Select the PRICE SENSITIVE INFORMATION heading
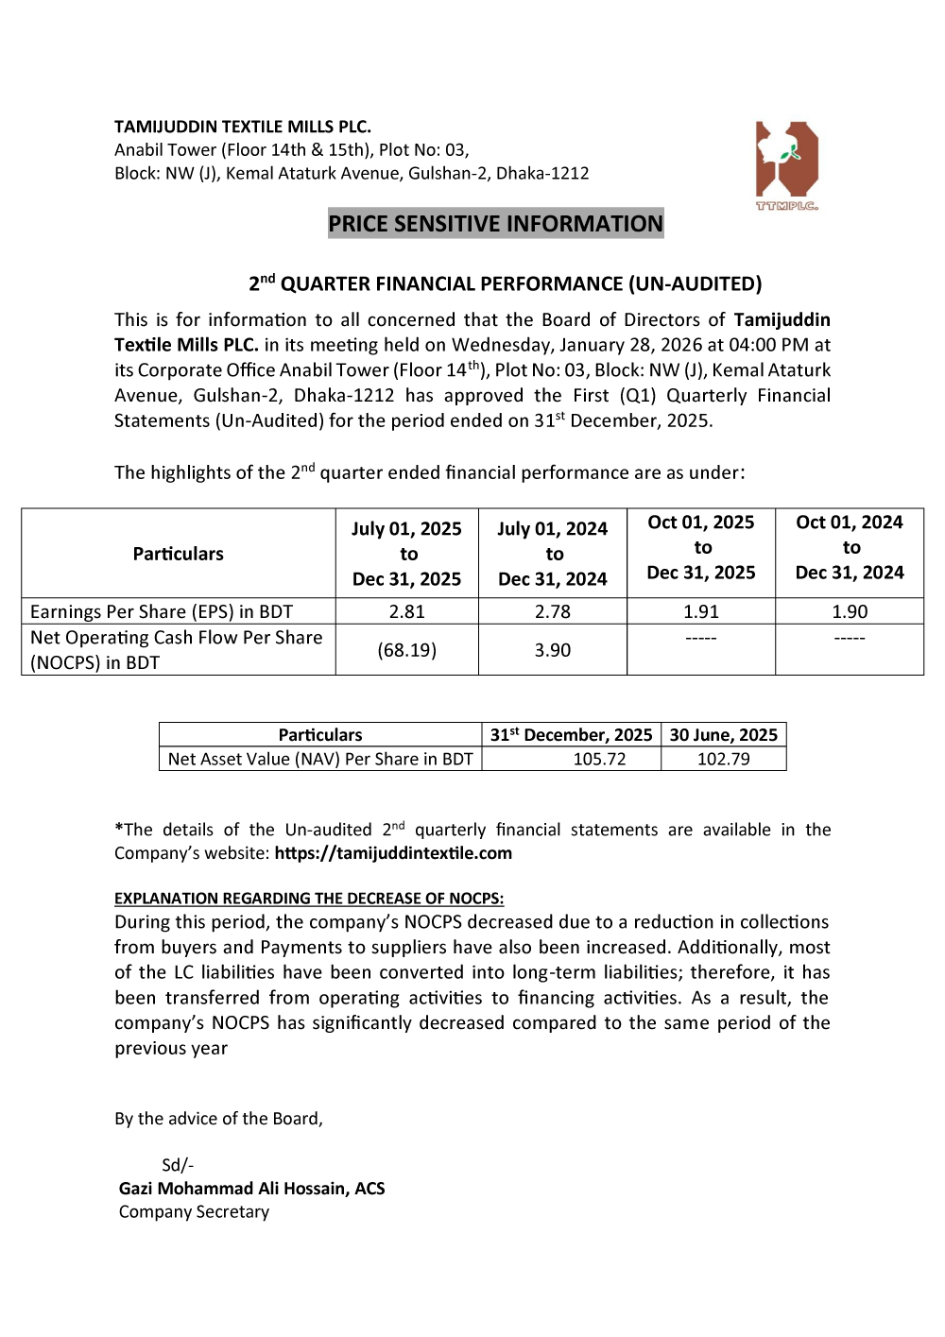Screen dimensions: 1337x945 tap(495, 224)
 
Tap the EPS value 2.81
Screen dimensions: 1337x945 tap(407, 612)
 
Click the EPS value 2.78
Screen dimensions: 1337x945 tap(553, 612)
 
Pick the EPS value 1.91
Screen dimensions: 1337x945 tap(701, 612)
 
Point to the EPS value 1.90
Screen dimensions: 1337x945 tap(850, 612)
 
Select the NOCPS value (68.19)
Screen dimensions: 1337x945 tap(407, 650)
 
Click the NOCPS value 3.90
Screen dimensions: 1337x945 tap(553, 650)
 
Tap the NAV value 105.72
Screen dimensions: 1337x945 tap(599, 759)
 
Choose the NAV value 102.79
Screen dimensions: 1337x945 tap(723, 759)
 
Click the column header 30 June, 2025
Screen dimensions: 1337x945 tap(723, 735)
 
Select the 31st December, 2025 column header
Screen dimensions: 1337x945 tap(571, 735)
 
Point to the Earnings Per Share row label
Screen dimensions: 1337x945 tap(162, 612)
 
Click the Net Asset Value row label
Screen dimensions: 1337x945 tap(320, 759)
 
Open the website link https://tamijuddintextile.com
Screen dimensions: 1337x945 tap(393, 853)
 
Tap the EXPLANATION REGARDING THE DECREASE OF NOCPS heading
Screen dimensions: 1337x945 tap(309, 899)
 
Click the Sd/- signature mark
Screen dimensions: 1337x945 tap(178, 1165)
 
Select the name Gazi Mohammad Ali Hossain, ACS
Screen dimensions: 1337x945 tap(252, 1189)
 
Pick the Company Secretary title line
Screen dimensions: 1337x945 tap(194, 1212)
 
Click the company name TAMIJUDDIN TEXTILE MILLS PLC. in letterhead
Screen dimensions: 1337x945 tap(243, 127)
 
